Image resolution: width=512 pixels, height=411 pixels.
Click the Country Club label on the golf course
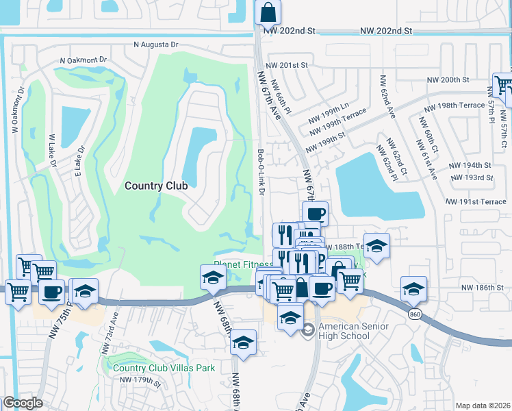pyautogui.click(x=156, y=185)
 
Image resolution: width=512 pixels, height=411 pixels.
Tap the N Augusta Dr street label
pyautogui.click(x=155, y=45)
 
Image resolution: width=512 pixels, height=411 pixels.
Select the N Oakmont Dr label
pyautogui.click(x=84, y=60)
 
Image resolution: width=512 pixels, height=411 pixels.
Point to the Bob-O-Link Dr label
pyautogui.click(x=261, y=171)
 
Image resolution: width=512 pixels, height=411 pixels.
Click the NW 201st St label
pyautogui.click(x=288, y=65)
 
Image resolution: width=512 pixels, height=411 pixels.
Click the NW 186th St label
pyautogui.click(x=487, y=288)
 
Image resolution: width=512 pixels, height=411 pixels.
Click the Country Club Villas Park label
pyautogui.click(x=164, y=368)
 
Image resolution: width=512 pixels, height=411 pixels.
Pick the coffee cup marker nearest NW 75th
pyautogui.click(x=52, y=291)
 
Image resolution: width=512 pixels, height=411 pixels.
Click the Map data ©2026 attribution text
pyautogui.click(x=483, y=406)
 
